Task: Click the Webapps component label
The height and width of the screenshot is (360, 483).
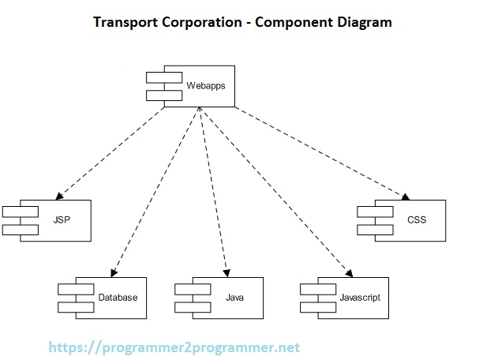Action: (x=205, y=85)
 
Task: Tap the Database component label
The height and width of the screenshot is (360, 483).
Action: (x=118, y=298)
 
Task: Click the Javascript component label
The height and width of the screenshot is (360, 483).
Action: (x=359, y=298)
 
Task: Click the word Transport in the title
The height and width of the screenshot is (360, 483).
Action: (x=124, y=22)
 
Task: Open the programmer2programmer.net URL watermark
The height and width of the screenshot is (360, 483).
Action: (x=174, y=347)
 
